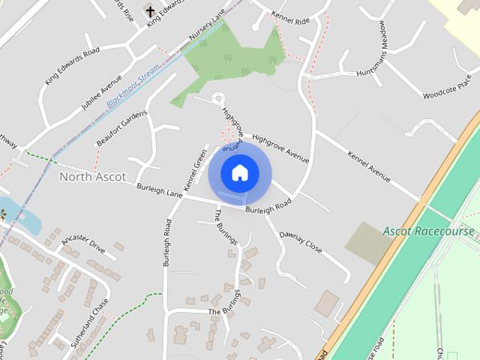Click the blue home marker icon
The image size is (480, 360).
[239, 172]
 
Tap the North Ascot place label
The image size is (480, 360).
[92, 177]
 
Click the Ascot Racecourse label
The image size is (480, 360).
[428, 231]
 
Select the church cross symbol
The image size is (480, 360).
[150, 11]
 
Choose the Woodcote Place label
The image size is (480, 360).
[447, 85]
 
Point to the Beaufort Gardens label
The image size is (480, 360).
[121, 128]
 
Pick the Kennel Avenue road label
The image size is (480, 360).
[368, 166]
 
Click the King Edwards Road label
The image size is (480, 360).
[71, 66]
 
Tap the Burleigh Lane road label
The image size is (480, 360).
[159, 190]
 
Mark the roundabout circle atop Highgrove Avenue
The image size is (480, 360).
[218, 97]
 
